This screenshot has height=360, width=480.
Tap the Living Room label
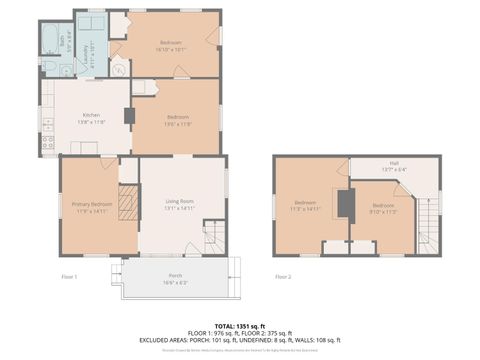click(179, 207)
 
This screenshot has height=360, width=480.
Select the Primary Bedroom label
click(91, 207)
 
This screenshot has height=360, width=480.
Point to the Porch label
click(175, 277)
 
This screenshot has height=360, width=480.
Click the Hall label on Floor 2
click(394, 167)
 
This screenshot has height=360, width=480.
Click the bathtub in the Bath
click(51, 39)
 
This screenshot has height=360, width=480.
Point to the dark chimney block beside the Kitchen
click(128, 115)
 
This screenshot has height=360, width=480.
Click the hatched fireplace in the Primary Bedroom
click(126, 206)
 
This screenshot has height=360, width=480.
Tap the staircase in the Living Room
click(213, 238)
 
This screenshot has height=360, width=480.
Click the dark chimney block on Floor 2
click(345, 204)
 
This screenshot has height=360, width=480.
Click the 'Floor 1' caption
click(69, 278)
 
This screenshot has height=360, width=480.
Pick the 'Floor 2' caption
click(283, 278)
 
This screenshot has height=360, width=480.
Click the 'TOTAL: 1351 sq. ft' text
click(239, 324)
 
